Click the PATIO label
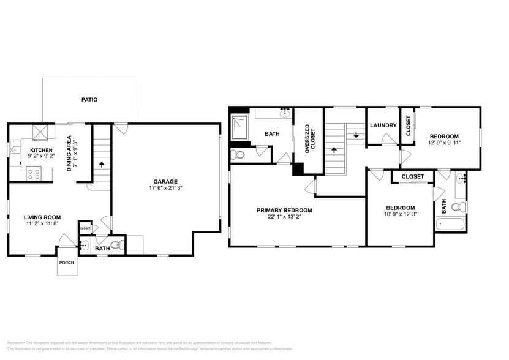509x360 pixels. [89, 99]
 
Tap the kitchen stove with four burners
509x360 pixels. [34, 174]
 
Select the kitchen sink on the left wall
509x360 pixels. [14, 149]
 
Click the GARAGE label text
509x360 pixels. [165, 181]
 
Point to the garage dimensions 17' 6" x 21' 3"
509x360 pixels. [165, 188]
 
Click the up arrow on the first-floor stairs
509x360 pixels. [102, 165]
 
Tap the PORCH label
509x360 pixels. [66, 263]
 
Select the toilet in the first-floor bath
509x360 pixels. [121, 246]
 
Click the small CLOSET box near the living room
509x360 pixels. [85, 228]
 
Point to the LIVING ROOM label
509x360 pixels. [42, 217]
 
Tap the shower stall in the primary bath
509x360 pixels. [239, 127]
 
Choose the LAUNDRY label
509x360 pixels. [383, 126]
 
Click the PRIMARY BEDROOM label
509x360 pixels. [284, 210]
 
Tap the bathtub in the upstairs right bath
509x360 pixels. [451, 224]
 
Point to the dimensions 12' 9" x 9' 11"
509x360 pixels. [444, 143]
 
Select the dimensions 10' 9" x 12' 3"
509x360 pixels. [401, 214]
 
